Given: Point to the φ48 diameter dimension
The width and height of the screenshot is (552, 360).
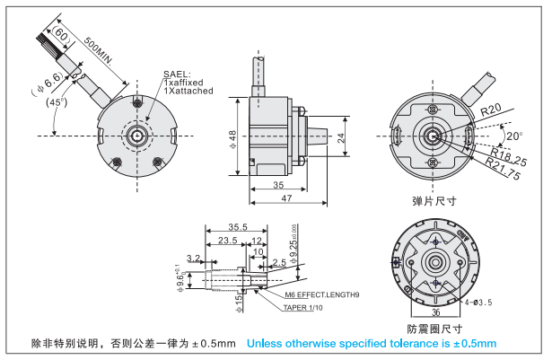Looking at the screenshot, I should click(x=232, y=137).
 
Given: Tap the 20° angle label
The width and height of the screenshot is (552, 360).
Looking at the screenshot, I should click(x=513, y=136).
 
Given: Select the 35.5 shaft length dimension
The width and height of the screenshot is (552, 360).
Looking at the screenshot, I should click(x=239, y=226).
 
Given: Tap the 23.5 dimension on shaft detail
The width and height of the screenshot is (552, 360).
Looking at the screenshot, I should click(x=227, y=241).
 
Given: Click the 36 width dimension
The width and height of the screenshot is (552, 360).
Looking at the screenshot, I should click(x=435, y=312).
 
